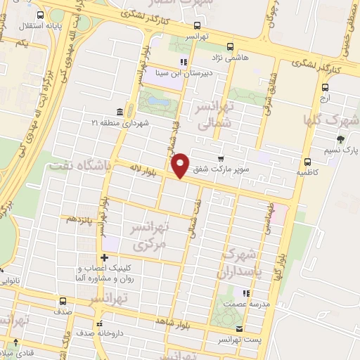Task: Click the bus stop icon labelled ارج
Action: coord(326,88)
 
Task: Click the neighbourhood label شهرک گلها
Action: coord(333,118)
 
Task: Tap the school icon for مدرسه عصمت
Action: coord(245,294)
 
